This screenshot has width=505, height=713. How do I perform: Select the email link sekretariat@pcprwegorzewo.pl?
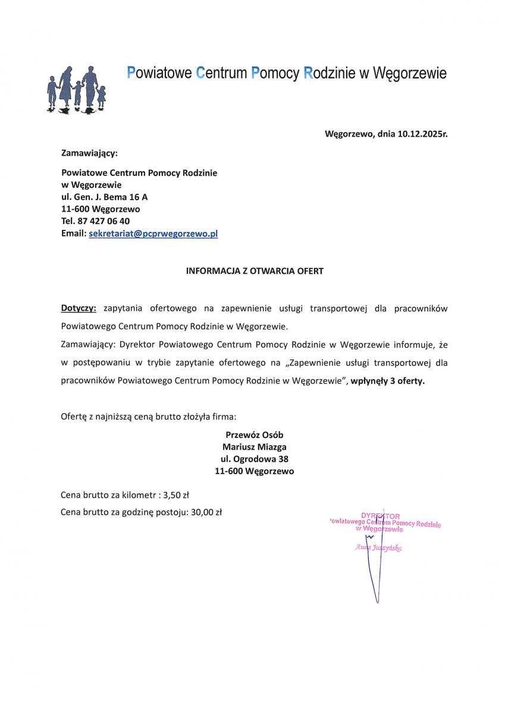(x=153, y=234)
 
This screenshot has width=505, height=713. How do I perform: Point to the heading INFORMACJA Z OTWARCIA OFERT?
(x=255, y=271)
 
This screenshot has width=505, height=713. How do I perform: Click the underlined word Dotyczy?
(x=79, y=308)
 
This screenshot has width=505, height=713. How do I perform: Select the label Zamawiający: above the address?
(x=89, y=153)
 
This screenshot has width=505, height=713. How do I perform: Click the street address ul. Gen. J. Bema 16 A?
(x=104, y=197)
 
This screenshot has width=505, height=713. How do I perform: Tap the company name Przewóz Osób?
(x=255, y=435)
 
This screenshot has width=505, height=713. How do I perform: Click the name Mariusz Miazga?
(x=255, y=447)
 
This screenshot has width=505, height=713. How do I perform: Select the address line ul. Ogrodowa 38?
(x=255, y=459)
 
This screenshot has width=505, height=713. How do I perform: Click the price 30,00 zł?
(x=206, y=512)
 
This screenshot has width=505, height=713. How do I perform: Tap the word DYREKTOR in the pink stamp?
(x=380, y=516)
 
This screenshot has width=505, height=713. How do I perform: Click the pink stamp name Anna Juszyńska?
(x=378, y=547)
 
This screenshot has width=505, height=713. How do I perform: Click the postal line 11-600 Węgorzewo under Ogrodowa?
(x=255, y=471)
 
